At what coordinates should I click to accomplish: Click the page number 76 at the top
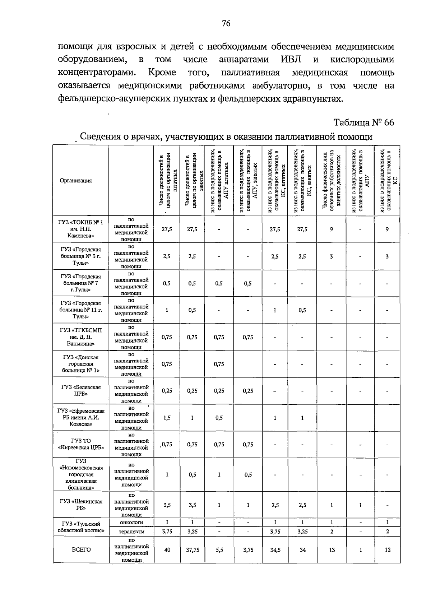click(226, 24)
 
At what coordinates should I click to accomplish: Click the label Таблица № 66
click(364, 122)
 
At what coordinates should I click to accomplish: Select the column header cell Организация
click(76, 181)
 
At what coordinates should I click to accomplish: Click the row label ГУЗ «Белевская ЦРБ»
click(81, 390)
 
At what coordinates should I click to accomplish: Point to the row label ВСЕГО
click(81, 549)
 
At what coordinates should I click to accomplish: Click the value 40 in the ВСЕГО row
click(167, 549)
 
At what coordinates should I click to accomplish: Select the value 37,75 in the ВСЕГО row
click(193, 549)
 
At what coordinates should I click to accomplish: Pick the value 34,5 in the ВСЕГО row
click(275, 549)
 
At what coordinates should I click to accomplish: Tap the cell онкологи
click(131, 522)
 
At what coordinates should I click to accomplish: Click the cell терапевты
click(131, 532)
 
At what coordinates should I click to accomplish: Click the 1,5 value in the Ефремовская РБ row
click(167, 418)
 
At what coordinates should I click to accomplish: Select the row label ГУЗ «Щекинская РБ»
click(81, 505)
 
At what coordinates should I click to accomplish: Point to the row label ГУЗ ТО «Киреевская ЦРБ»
click(81, 444)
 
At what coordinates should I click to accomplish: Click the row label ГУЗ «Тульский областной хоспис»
click(81, 527)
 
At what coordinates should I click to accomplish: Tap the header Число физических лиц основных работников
click(332, 181)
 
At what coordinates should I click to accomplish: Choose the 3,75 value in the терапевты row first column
click(167, 532)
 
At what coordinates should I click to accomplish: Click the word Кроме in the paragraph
click(162, 72)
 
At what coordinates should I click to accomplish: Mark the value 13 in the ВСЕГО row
click(331, 549)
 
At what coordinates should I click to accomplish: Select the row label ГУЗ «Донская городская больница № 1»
click(81, 363)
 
